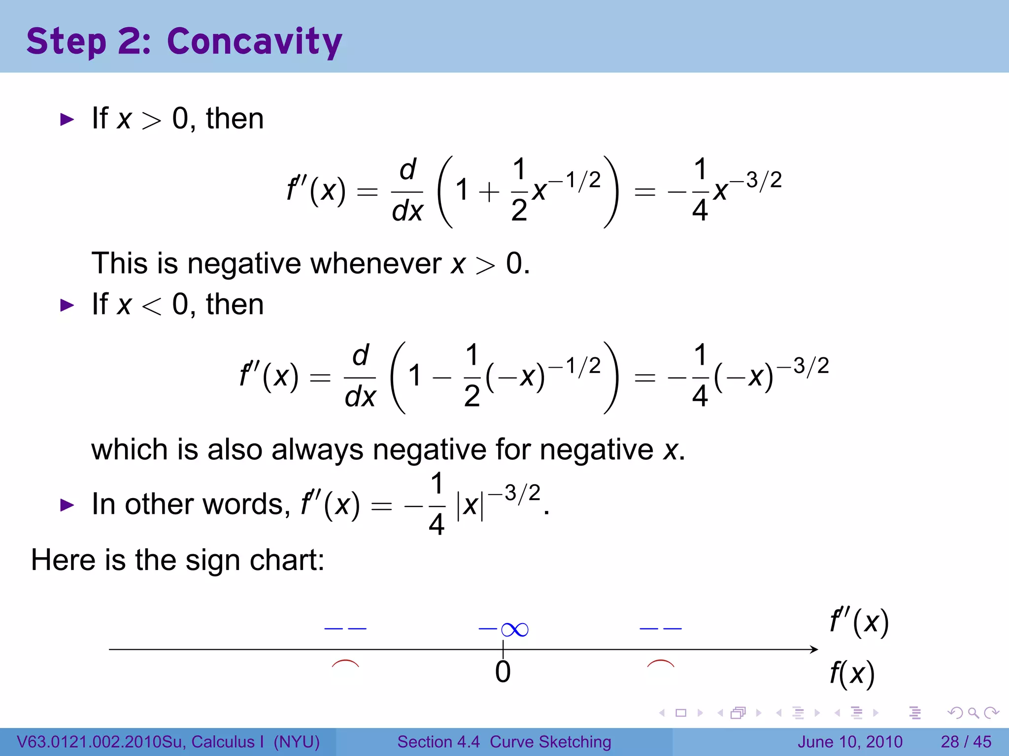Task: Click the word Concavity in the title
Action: [254, 42]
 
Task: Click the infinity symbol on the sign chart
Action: [515, 630]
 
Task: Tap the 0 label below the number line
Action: [503, 672]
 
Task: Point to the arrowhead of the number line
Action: [814, 650]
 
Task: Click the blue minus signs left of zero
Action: [345, 629]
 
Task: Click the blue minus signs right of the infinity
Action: [660, 629]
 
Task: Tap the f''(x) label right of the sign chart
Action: [859, 622]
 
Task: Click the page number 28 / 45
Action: [966, 742]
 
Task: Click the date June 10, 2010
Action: [850, 742]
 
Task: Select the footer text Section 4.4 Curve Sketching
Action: [504, 742]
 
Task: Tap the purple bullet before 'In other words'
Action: [67, 505]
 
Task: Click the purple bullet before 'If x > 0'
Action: [67, 119]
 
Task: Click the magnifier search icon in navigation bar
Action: [973, 713]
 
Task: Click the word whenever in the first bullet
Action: [376, 263]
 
